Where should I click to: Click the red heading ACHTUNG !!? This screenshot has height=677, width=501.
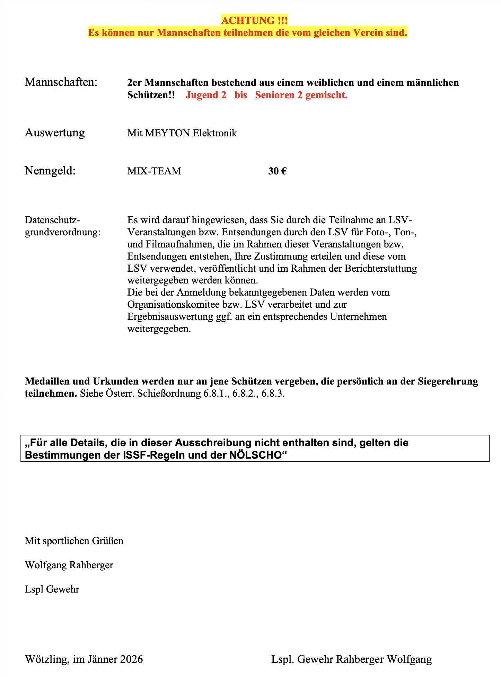point(254,21)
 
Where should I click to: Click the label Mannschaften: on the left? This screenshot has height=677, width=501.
point(61,82)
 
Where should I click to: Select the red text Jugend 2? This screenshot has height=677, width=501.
point(206,95)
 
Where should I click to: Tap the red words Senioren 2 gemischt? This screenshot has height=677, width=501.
point(301,95)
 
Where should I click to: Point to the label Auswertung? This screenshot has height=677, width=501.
point(55,133)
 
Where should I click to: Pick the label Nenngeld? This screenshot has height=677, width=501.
point(50,171)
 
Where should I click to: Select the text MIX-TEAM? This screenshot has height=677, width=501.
point(154,171)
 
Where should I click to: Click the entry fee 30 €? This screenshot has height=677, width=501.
point(277,171)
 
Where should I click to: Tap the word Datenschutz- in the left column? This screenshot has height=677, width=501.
point(53,220)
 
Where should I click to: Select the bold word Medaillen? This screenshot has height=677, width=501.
point(47,381)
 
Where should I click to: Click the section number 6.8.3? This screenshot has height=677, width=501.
point(273,394)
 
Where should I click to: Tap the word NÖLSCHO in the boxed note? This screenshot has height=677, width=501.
point(255,455)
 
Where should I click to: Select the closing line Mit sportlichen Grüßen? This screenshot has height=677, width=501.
point(74,541)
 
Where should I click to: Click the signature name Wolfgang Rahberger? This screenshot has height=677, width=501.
point(69,565)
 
